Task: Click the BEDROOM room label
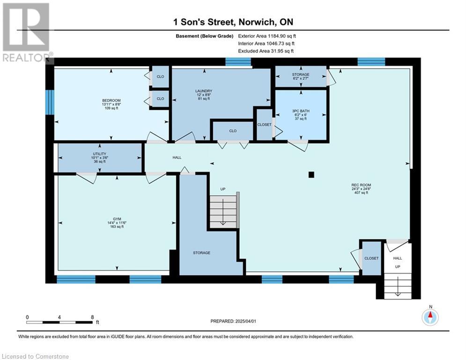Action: (111, 101)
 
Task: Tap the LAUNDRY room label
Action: (204, 91)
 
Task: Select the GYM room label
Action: (117, 219)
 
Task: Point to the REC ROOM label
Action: (361, 185)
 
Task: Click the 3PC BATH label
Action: (301, 111)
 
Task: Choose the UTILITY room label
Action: (100, 154)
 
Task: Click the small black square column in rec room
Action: (311, 175)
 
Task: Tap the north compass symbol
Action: (430, 317)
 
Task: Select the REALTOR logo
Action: (27, 32)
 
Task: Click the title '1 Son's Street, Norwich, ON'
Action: (233, 22)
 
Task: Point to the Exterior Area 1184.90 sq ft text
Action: (267, 36)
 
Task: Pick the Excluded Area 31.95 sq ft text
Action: (266, 51)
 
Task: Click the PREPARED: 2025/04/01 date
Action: (233, 321)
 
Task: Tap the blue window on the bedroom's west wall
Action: (50, 102)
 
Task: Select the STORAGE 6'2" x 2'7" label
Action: (301, 76)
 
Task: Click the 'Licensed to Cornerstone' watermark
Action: (35, 356)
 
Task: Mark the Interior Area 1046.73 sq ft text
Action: (266, 44)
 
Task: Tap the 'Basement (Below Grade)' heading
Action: (205, 36)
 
